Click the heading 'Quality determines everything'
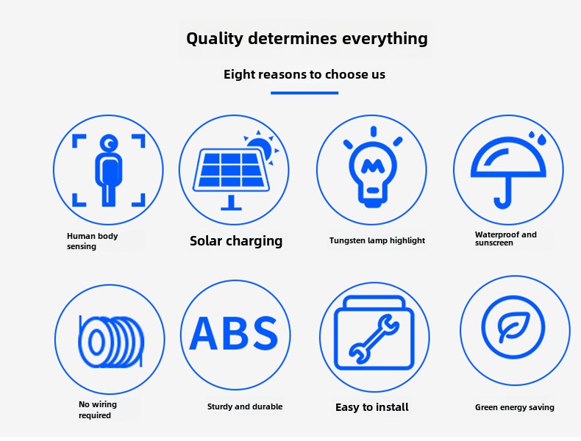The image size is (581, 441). pyautogui.click(x=307, y=39)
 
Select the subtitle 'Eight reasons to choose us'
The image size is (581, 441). pyautogui.click(x=304, y=74)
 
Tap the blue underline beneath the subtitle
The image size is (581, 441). pyautogui.click(x=304, y=93)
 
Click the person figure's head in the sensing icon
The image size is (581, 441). pyautogui.click(x=109, y=143)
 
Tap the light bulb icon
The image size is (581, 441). pyautogui.click(x=372, y=168)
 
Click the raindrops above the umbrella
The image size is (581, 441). pyautogui.click(x=538, y=137)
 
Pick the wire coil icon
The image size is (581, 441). pyautogui.click(x=110, y=341)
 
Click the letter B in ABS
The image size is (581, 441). pyautogui.click(x=235, y=333)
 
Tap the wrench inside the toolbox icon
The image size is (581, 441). pyautogui.click(x=374, y=338)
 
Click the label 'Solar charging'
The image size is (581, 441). pyautogui.click(x=236, y=241)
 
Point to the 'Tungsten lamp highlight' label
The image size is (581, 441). pyautogui.click(x=377, y=240)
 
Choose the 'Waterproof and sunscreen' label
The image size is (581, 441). pyautogui.click(x=506, y=239)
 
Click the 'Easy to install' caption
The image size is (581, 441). pyautogui.click(x=372, y=407)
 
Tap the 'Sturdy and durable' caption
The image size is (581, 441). pyautogui.click(x=245, y=406)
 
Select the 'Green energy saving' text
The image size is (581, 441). pyautogui.click(x=515, y=407)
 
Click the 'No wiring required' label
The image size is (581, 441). pyautogui.click(x=98, y=409)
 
